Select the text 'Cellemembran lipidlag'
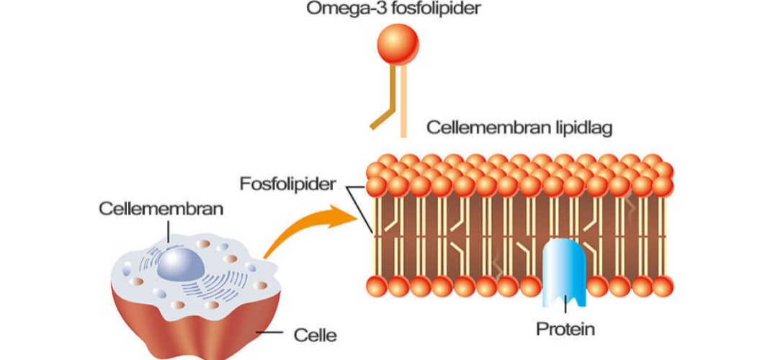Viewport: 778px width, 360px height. (x=519, y=128)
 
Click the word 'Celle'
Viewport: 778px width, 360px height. (x=316, y=335)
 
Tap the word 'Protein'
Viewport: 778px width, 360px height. (x=565, y=330)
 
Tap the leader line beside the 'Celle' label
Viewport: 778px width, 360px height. (x=270, y=333)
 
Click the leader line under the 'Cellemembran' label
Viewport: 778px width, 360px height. (x=167, y=230)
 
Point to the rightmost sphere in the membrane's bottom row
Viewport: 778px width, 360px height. (x=662, y=286)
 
